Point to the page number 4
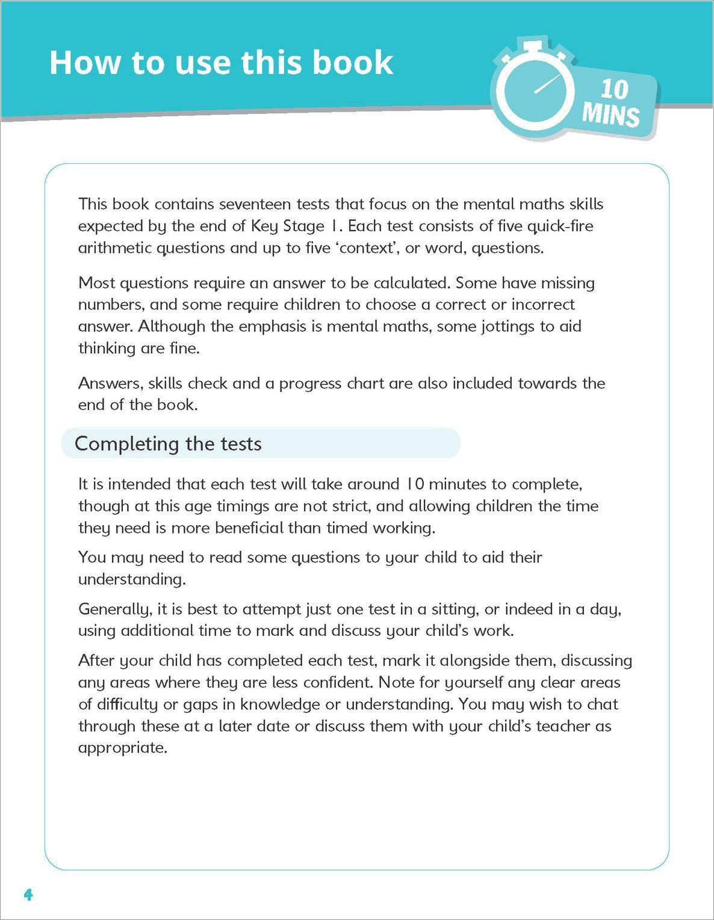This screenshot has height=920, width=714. point(28,894)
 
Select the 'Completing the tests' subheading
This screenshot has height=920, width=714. point(168,444)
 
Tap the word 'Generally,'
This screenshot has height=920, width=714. point(114,609)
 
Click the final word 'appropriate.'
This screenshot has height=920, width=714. point(122,748)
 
